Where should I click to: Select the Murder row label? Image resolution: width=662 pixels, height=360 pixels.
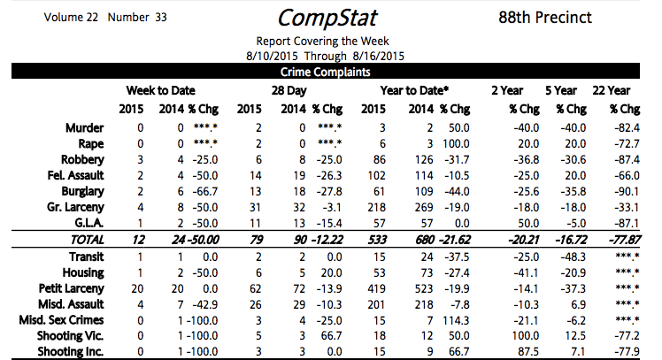(x=85, y=127)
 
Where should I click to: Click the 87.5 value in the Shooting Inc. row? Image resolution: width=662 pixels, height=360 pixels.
(x=512, y=352)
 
